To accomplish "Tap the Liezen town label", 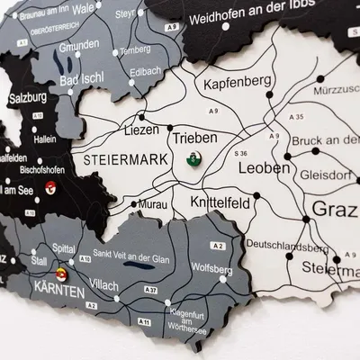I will coord(141,130).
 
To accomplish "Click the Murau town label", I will coord(152,205).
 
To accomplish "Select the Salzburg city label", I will coord(28,97).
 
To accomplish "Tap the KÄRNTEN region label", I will coord(62,292).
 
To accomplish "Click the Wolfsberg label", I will coord(213,268).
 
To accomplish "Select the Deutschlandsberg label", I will coord(285,245).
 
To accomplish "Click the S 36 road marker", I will coord(241,154).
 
